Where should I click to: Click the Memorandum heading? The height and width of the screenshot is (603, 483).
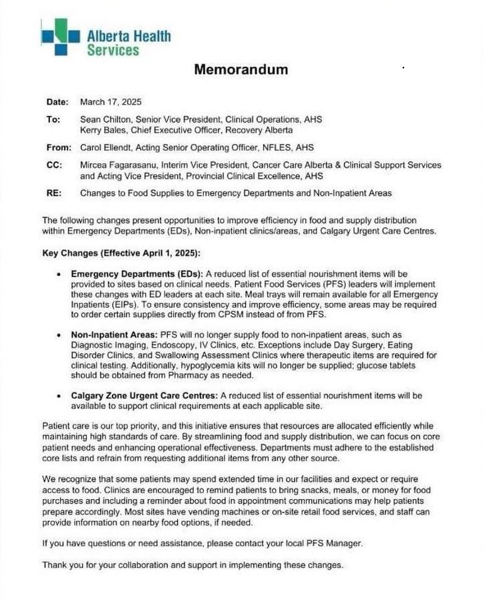[241, 69]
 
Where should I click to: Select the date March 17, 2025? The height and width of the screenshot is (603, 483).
[111, 103]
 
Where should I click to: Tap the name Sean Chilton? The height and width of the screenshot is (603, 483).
[102, 119]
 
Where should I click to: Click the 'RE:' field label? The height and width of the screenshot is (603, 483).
[53, 193]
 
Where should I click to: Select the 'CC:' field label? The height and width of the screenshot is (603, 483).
[54, 165]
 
